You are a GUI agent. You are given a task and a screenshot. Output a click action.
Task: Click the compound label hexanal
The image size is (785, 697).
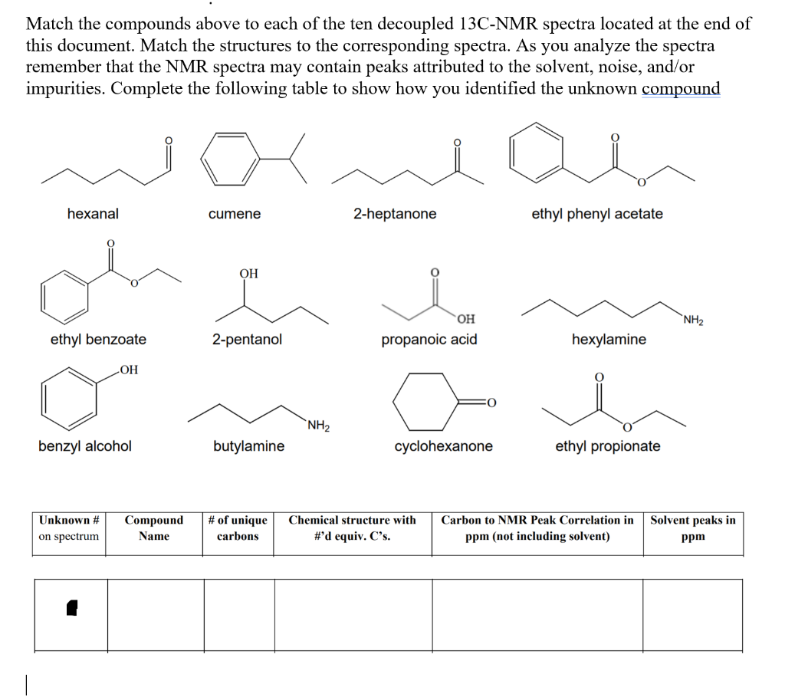click(93, 214)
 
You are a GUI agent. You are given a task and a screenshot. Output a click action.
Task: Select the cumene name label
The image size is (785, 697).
click(234, 214)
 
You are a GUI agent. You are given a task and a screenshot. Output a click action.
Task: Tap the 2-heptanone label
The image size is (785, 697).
click(395, 214)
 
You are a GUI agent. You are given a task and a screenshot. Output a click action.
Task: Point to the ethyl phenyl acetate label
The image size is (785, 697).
click(597, 214)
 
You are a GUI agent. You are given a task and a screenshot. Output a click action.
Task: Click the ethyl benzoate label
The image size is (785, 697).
click(98, 339)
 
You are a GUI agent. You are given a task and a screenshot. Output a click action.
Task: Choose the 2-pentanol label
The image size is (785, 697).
click(247, 339)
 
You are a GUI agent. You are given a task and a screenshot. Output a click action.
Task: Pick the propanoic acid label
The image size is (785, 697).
click(429, 339)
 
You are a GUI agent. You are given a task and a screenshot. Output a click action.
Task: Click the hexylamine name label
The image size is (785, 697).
click(609, 339)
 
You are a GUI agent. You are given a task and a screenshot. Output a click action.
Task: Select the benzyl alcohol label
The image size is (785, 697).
click(85, 445)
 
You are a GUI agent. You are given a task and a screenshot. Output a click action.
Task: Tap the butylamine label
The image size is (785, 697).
click(248, 445)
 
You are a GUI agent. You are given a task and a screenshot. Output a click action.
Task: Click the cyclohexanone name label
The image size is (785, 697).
click(444, 445)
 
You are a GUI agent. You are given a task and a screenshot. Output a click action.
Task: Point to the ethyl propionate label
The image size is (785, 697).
click(608, 445)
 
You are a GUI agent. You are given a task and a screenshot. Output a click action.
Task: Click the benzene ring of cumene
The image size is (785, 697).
click(230, 159)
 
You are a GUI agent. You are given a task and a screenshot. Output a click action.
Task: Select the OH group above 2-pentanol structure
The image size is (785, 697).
click(248, 274)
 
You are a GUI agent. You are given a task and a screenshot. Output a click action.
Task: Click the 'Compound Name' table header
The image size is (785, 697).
click(154, 528)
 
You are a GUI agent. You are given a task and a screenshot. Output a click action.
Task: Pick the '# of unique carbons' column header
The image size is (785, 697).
click(238, 528)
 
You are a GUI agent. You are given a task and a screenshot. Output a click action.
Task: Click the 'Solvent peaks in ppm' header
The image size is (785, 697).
click(693, 528)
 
